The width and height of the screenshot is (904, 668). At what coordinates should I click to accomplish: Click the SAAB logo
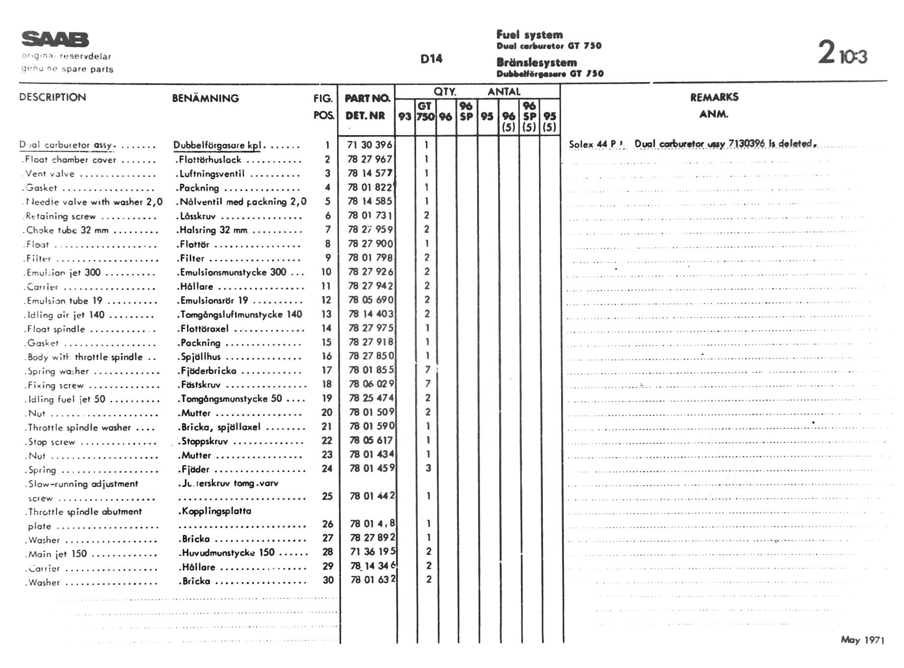point(55,39)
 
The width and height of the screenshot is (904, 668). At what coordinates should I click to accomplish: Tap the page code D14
point(431,59)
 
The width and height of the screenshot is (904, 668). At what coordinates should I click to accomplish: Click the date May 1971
point(862,640)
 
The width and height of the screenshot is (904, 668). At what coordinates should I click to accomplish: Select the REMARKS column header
point(714,97)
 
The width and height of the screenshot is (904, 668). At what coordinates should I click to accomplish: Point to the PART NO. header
point(367,98)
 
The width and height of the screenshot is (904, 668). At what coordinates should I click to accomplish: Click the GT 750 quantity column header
point(425,111)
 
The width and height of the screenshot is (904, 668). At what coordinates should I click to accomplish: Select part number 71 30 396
point(369,145)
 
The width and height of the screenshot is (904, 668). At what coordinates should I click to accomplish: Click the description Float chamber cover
point(70,160)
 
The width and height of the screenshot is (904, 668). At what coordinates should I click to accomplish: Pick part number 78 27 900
point(370,244)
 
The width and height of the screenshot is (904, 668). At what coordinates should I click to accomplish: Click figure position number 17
point(327,370)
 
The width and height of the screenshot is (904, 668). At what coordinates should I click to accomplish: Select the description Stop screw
point(51,442)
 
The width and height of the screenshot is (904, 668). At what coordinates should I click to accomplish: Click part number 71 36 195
point(372,552)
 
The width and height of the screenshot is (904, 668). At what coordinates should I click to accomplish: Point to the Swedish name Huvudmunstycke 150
point(228,553)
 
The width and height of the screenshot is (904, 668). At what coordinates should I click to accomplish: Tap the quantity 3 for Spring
point(428,468)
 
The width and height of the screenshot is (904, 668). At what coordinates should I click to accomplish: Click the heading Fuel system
point(529,35)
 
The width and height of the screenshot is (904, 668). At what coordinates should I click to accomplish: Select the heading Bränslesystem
point(537,62)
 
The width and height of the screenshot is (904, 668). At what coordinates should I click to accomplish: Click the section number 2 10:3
point(842,53)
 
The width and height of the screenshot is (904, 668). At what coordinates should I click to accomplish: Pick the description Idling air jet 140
point(66,315)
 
